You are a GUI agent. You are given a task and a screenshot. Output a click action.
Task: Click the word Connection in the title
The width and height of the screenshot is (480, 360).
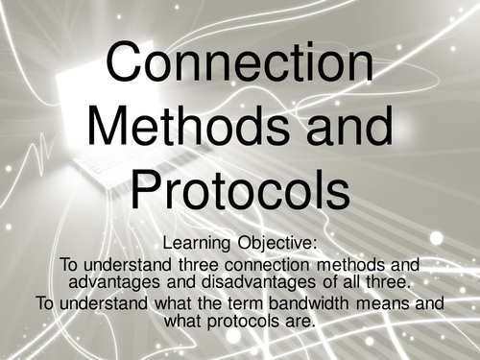[240, 65]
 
